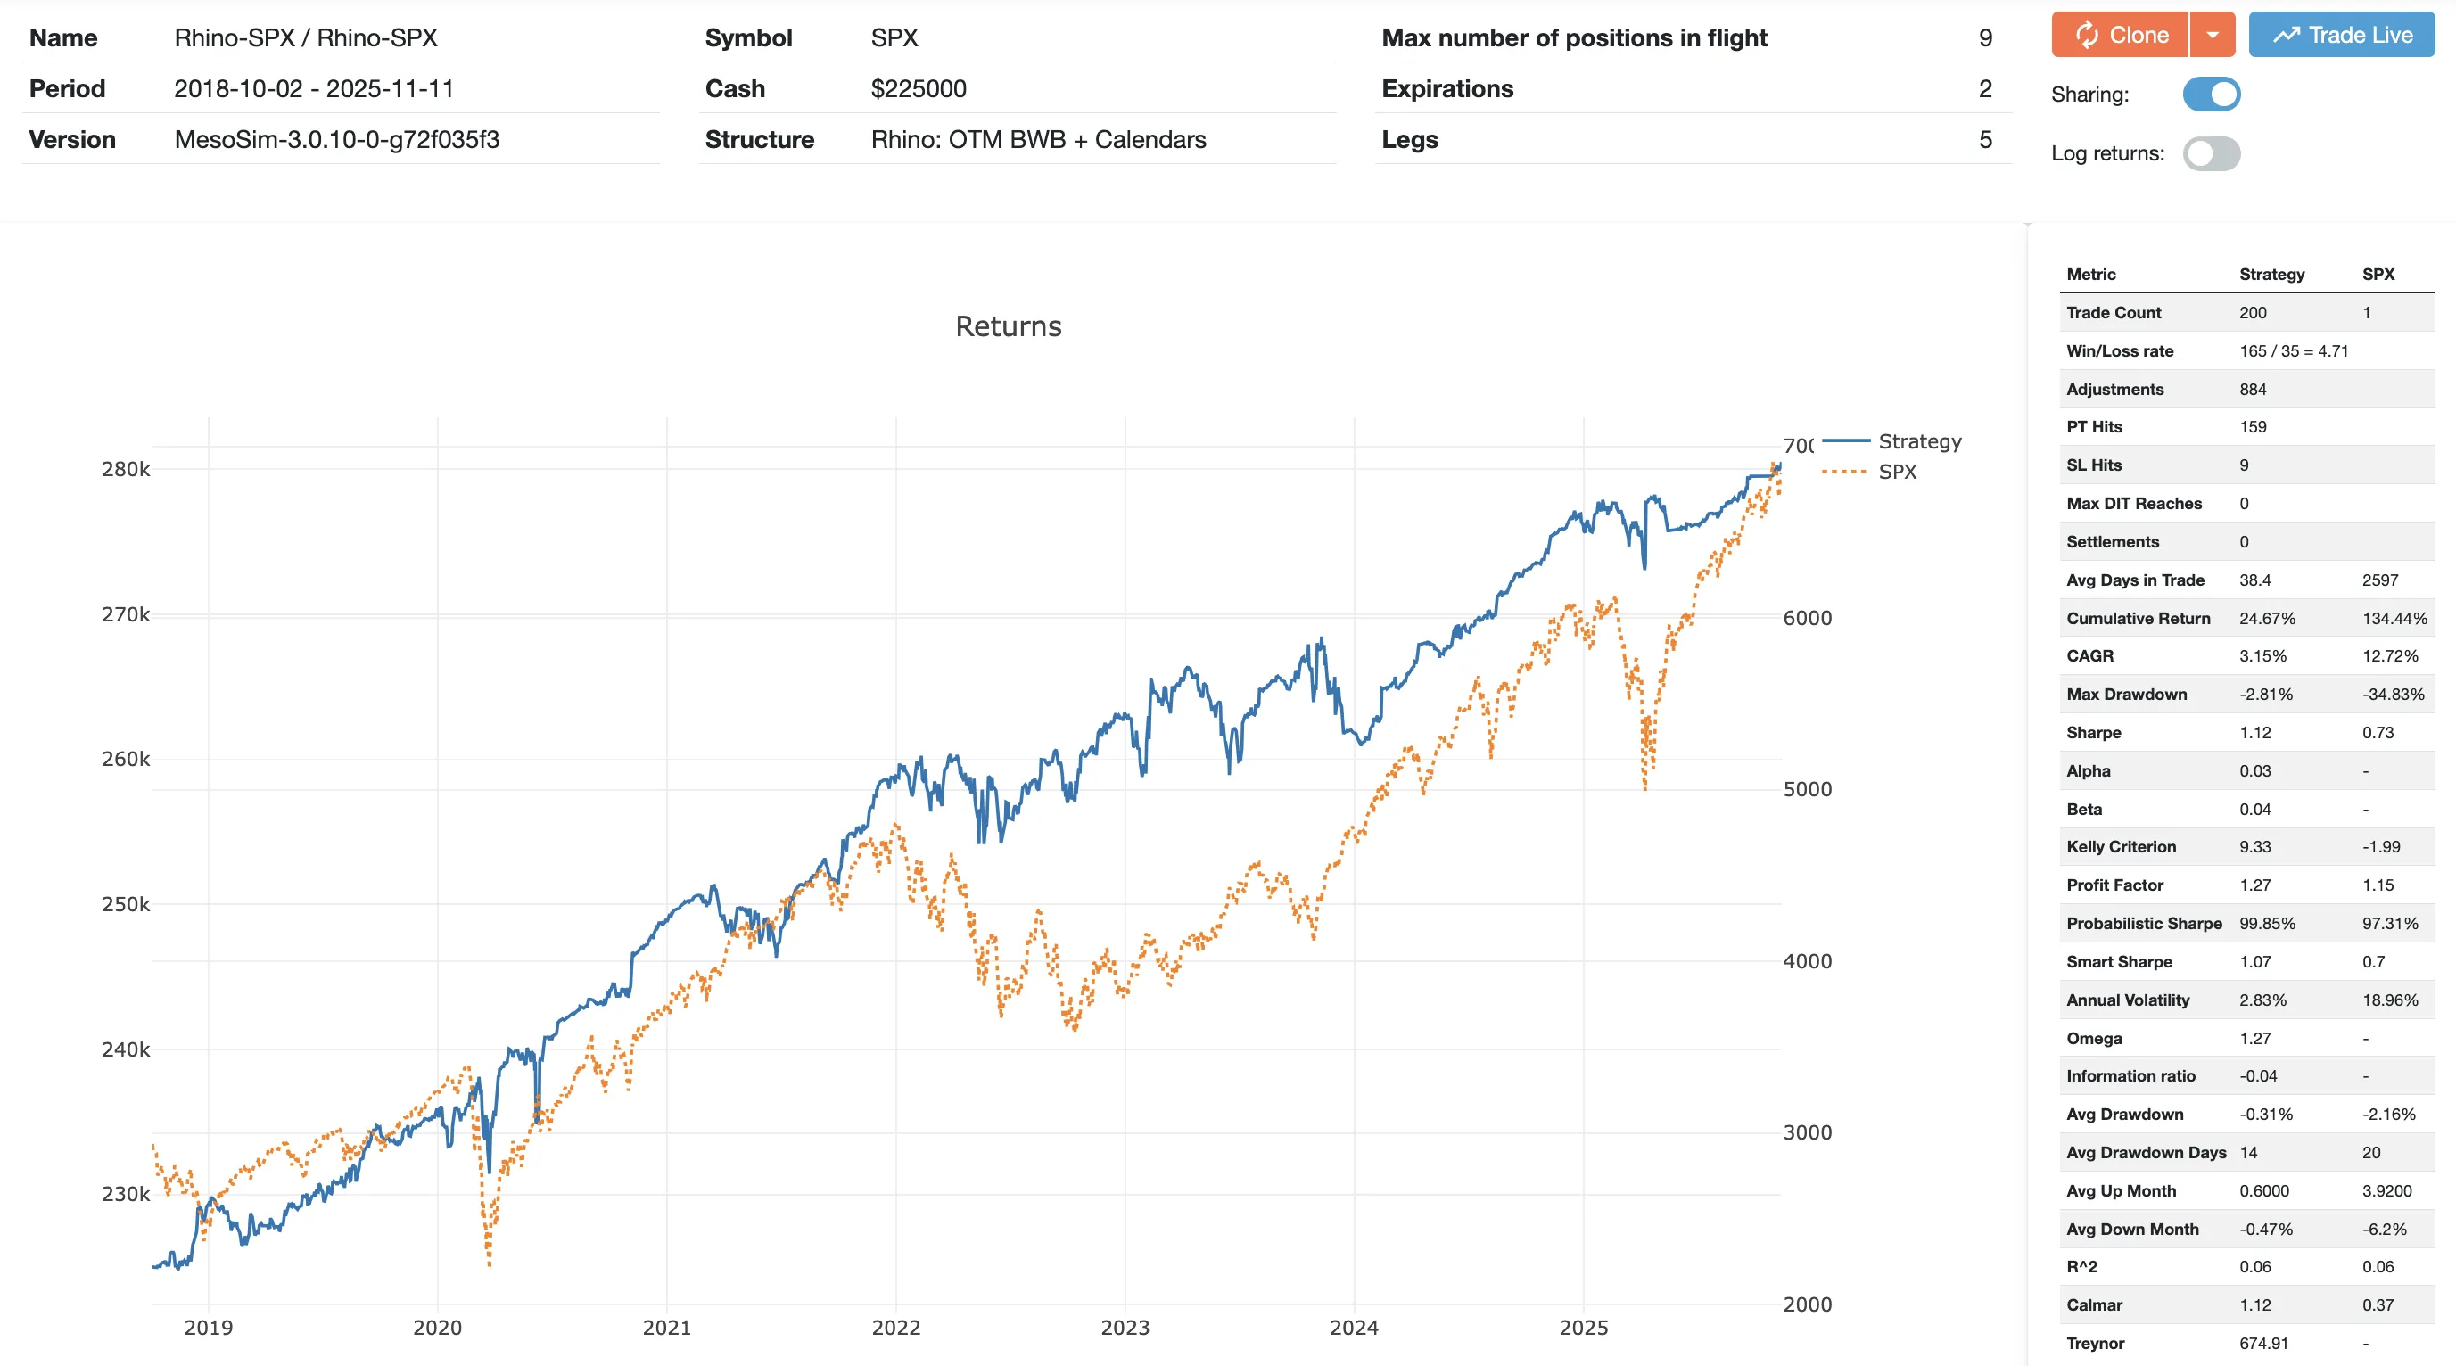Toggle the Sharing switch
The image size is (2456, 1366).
click(x=2211, y=95)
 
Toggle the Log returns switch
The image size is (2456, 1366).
click(x=2211, y=153)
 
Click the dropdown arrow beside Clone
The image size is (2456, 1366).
click(x=2212, y=36)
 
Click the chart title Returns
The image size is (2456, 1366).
click(x=1008, y=326)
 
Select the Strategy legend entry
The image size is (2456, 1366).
click(x=1918, y=441)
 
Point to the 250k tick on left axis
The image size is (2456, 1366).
click(x=126, y=903)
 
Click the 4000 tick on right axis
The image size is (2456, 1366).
click(x=1807, y=961)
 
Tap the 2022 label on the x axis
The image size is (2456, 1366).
click(x=895, y=1327)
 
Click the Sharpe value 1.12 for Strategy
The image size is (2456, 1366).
click(x=2254, y=732)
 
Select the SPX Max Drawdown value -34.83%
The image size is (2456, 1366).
click(x=2392, y=694)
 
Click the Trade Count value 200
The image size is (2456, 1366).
click(x=2253, y=313)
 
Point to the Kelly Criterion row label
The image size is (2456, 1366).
click(x=2121, y=846)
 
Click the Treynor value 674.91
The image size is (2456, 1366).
click(x=2263, y=1343)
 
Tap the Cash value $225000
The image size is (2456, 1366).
click(x=919, y=88)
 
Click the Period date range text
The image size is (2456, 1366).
click(x=314, y=88)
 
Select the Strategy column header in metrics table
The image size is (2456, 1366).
click(x=2271, y=275)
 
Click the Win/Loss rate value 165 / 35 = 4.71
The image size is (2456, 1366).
click(x=2293, y=350)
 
